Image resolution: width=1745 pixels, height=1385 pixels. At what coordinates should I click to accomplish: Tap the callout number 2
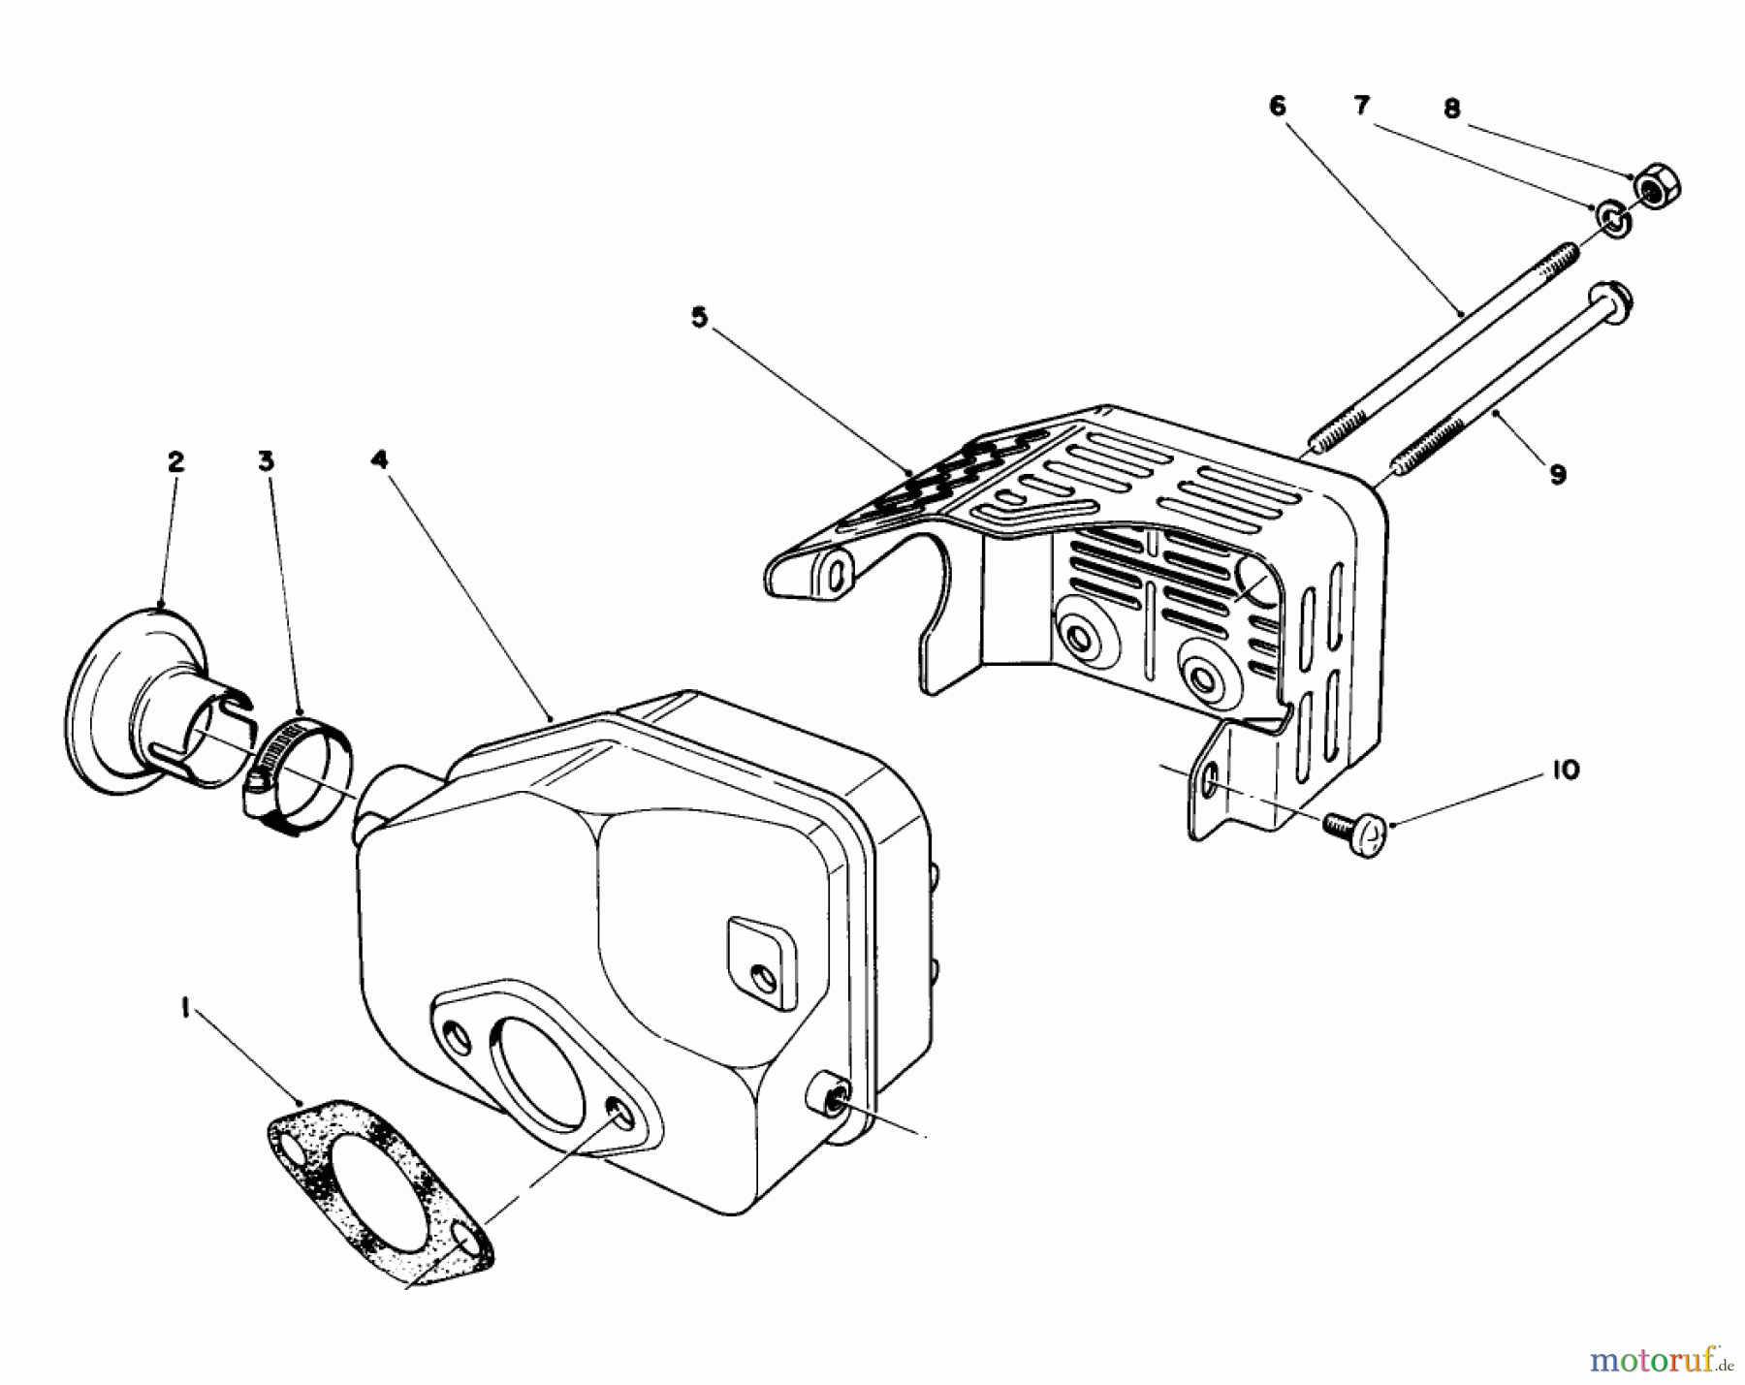(175, 462)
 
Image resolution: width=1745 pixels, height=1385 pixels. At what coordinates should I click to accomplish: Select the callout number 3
(266, 462)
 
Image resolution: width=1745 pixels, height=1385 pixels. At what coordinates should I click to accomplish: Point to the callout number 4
(380, 459)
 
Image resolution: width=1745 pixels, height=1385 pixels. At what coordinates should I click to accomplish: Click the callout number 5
(699, 319)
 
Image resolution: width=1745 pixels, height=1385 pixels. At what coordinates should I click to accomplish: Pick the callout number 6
(1278, 107)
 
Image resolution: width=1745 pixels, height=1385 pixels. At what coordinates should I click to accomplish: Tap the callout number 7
(1362, 107)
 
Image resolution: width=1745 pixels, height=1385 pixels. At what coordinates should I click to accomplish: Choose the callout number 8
(1451, 110)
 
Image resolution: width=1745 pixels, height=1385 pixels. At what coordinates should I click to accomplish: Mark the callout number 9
(1558, 475)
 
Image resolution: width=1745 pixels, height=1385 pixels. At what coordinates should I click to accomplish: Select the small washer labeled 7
(1614, 220)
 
